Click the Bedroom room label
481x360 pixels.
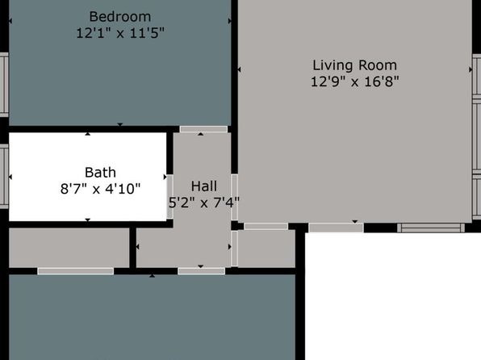tap(120, 17)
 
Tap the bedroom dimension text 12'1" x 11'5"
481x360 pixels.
tap(120, 33)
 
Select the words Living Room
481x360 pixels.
tap(354, 65)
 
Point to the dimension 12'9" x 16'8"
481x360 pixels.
tap(354, 82)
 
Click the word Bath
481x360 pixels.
tap(100, 173)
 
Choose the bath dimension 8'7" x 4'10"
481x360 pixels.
tap(100, 189)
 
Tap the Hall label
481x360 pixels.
tap(204, 186)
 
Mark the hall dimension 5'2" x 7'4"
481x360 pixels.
tap(204, 203)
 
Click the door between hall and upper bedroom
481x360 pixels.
tap(203, 129)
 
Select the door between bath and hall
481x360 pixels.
tap(169, 196)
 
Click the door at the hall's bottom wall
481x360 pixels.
tap(201, 271)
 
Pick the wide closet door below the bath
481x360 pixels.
tap(76, 271)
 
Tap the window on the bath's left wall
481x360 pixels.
tap(4, 176)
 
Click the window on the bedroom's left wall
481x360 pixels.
tap(4, 85)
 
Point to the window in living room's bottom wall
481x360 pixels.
tap(431, 228)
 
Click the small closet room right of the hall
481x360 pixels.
tap(266, 249)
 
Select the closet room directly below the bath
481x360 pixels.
tap(69, 248)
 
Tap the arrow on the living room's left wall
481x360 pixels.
tap(239, 69)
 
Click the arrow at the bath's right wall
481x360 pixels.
tap(165, 177)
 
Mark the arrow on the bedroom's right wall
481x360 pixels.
tap(229, 21)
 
